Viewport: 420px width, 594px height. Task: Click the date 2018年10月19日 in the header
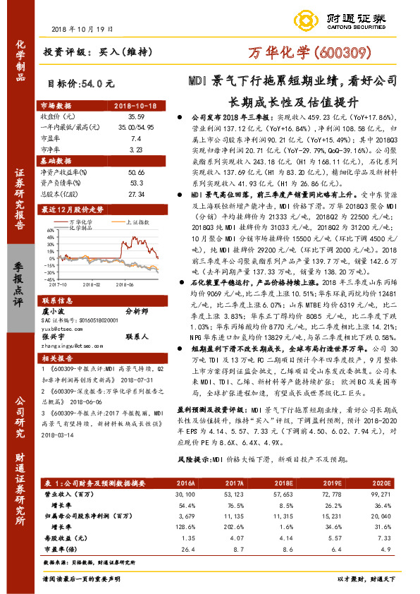pyautogui.click(x=82, y=28)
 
